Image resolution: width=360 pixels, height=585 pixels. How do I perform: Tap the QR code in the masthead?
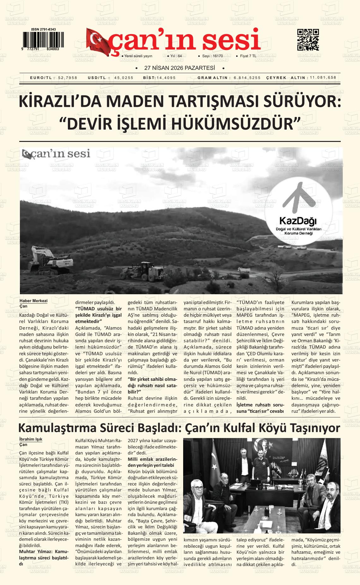pyautogui.click(x=308, y=40)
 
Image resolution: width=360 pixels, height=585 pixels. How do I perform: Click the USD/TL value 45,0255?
pyautogui.click(x=124, y=78)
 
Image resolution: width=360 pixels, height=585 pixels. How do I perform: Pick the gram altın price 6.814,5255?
pyautogui.click(x=247, y=78)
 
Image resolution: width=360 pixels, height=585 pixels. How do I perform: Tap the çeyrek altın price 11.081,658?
pyautogui.click(x=323, y=78)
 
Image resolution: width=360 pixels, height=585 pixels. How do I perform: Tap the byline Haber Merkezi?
pyautogui.click(x=33, y=301)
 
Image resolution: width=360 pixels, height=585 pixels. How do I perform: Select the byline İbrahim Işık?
pyautogui.click(x=31, y=439)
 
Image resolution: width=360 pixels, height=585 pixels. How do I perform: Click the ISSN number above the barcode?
pyautogui.click(x=44, y=29)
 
